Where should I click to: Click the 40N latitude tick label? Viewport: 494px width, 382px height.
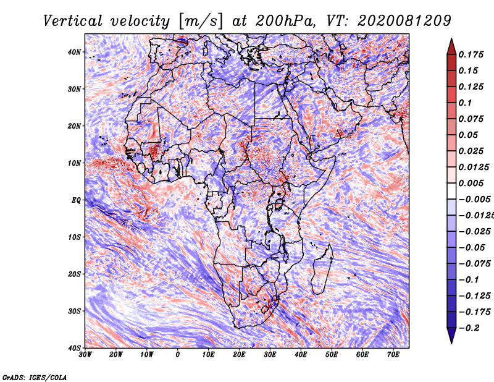[74, 52]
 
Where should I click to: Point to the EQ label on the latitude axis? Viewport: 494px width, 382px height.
[76, 200]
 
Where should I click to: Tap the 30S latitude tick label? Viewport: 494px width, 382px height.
[74, 311]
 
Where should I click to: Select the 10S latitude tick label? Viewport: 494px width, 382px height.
[74, 237]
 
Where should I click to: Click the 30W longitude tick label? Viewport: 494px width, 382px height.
[85, 355]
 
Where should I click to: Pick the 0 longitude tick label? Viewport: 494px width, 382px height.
[178, 355]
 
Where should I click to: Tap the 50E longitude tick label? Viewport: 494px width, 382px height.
[332, 355]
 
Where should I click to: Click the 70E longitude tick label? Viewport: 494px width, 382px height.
[393, 355]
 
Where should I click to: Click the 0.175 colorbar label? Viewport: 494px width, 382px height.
[471, 54]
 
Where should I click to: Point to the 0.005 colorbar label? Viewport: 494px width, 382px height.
[471, 183]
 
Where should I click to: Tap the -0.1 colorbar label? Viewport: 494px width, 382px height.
[469, 279]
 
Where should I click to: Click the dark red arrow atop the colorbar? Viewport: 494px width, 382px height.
[451, 46]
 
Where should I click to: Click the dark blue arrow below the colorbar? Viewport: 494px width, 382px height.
[451, 336]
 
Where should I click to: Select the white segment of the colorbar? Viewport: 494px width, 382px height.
[451, 191]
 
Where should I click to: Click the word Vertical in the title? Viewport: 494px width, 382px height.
[73, 21]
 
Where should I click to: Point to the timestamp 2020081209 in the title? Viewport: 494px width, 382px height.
[404, 21]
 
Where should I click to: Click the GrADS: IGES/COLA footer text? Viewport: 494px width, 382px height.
[35, 377]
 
